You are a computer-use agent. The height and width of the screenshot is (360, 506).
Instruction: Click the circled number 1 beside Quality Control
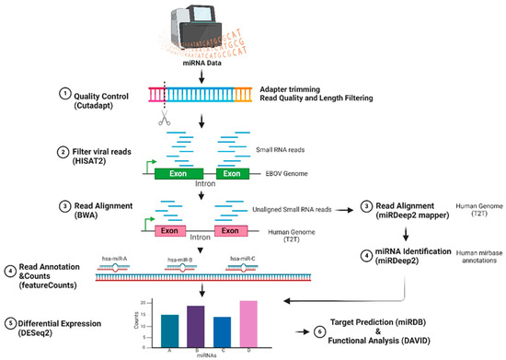[64, 92]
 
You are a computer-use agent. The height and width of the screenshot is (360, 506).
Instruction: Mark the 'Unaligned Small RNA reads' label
[313, 210]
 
